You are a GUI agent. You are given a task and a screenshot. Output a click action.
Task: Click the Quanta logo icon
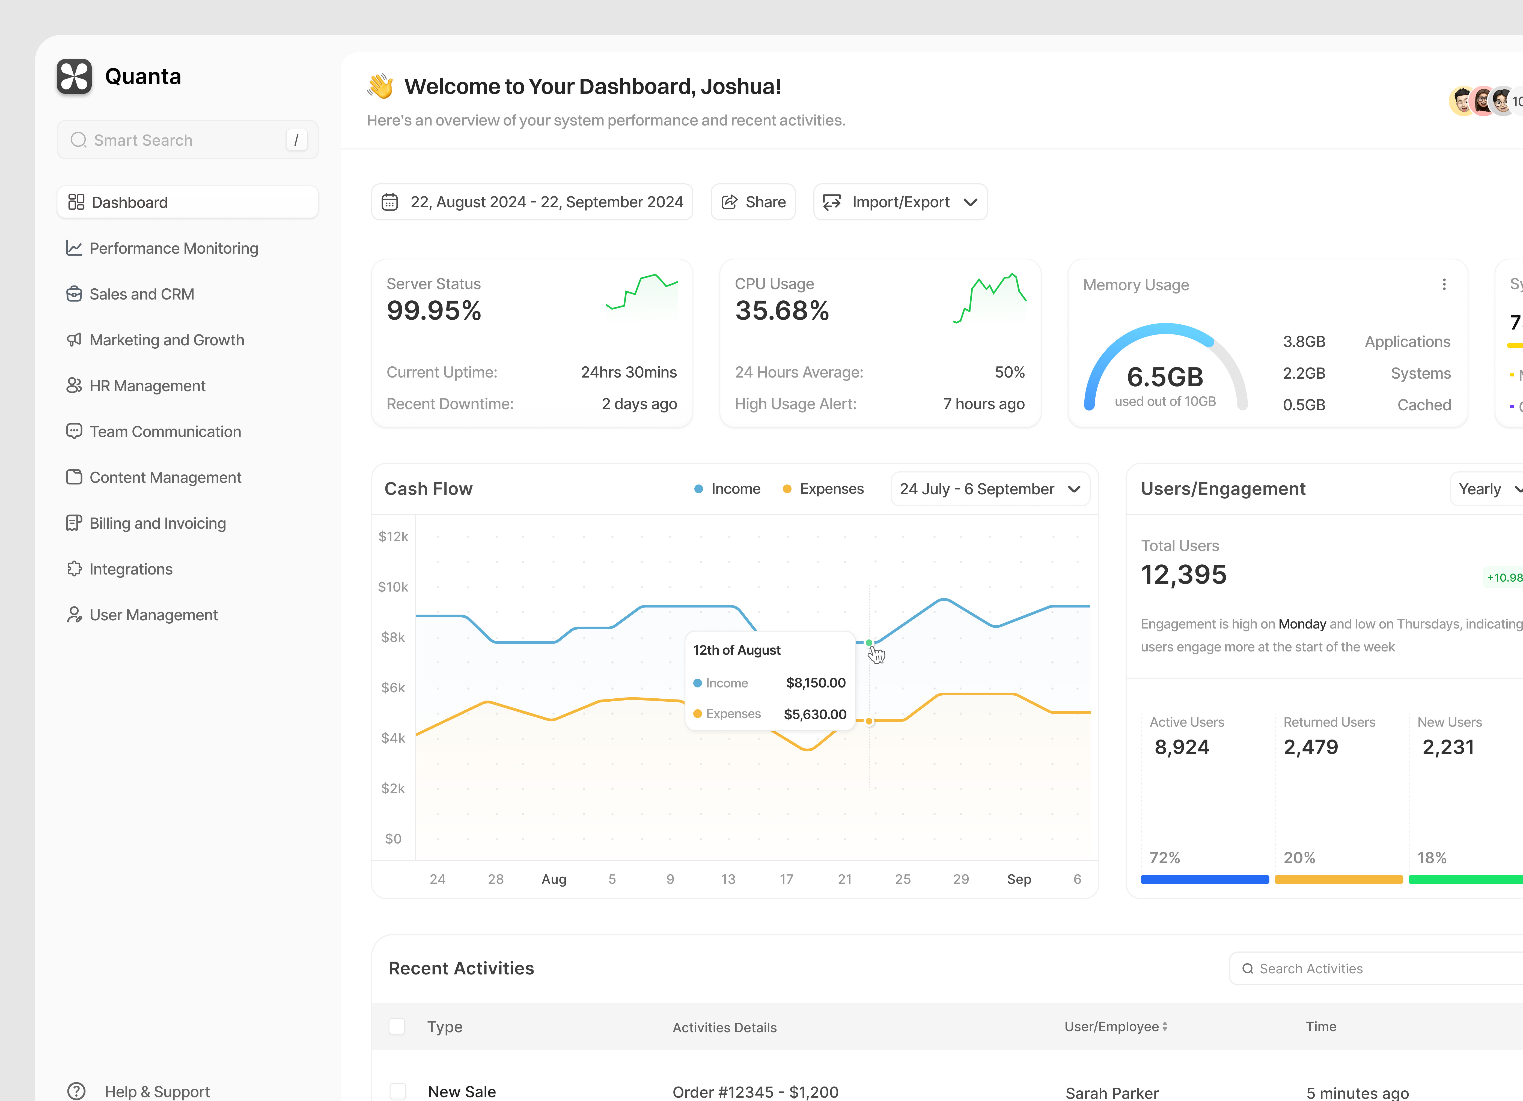pyautogui.click(x=74, y=77)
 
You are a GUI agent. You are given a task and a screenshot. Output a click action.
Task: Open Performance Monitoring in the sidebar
pyautogui.click(x=173, y=249)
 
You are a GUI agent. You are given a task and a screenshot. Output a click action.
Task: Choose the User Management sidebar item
pyautogui.click(x=153, y=615)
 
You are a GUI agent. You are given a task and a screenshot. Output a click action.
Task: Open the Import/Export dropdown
pyautogui.click(x=900, y=202)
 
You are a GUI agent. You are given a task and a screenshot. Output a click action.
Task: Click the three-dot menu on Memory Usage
pyautogui.click(x=1444, y=285)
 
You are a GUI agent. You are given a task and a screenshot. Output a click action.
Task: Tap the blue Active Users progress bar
pyautogui.click(x=1204, y=879)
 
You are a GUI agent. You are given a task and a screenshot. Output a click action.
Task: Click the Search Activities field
pyautogui.click(x=1370, y=969)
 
